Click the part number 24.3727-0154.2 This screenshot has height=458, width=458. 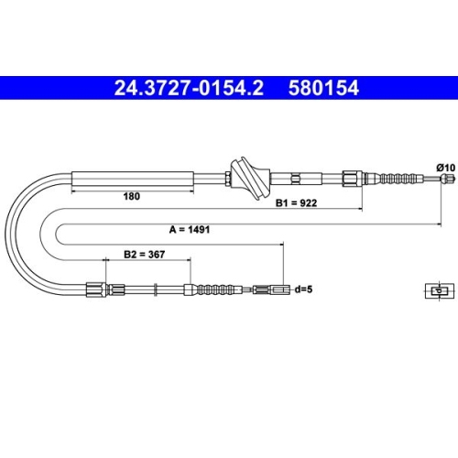point(189,88)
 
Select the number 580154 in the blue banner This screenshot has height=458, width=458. point(323,88)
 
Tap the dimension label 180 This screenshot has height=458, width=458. point(132,196)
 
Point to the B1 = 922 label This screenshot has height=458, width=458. point(296,202)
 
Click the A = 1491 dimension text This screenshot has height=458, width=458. point(190,229)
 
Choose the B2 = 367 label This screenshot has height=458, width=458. point(144,254)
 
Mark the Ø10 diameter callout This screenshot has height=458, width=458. point(446,168)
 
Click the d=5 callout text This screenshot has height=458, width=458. point(303,289)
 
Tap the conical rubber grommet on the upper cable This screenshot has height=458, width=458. point(250,178)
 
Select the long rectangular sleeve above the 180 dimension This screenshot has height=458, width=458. point(133,179)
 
